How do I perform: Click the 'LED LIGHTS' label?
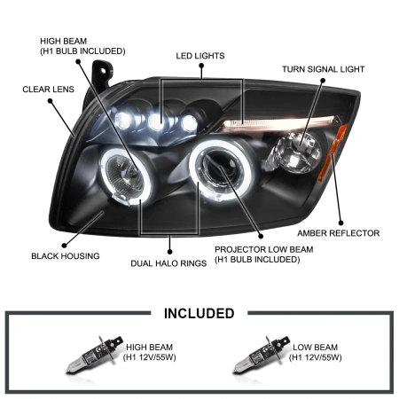point(200,55)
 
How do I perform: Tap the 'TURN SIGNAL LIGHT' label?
point(323,69)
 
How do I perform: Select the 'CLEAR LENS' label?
point(48,90)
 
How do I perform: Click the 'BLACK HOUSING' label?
point(66,256)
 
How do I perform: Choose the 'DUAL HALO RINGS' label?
point(168,263)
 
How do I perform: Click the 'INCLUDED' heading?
point(199,313)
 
